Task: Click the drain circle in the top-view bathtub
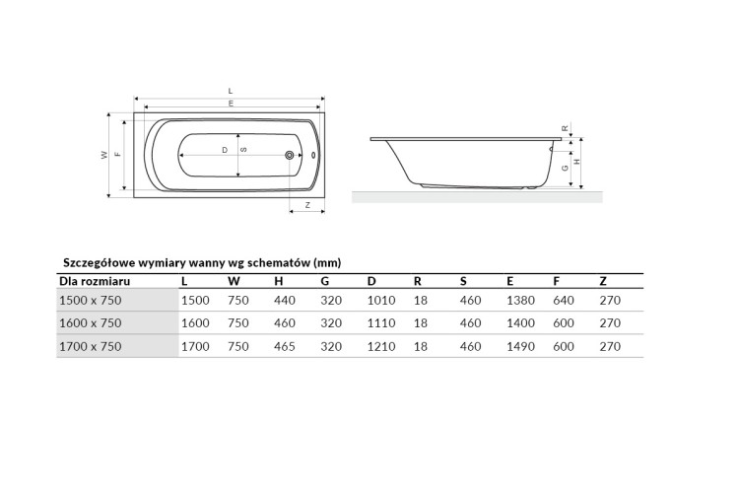tap(289, 155)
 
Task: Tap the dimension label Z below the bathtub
tap(307, 205)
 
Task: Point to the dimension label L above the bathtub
tap(231, 91)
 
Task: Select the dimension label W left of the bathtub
tap(104, 155)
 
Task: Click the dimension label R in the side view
tap(566, 128)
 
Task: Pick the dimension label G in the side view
tap(566, 169)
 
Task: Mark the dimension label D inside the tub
tap(225, 150)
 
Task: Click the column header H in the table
tap(279, 282)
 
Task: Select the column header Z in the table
tap(603, 282)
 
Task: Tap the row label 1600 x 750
tap(91, 323)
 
